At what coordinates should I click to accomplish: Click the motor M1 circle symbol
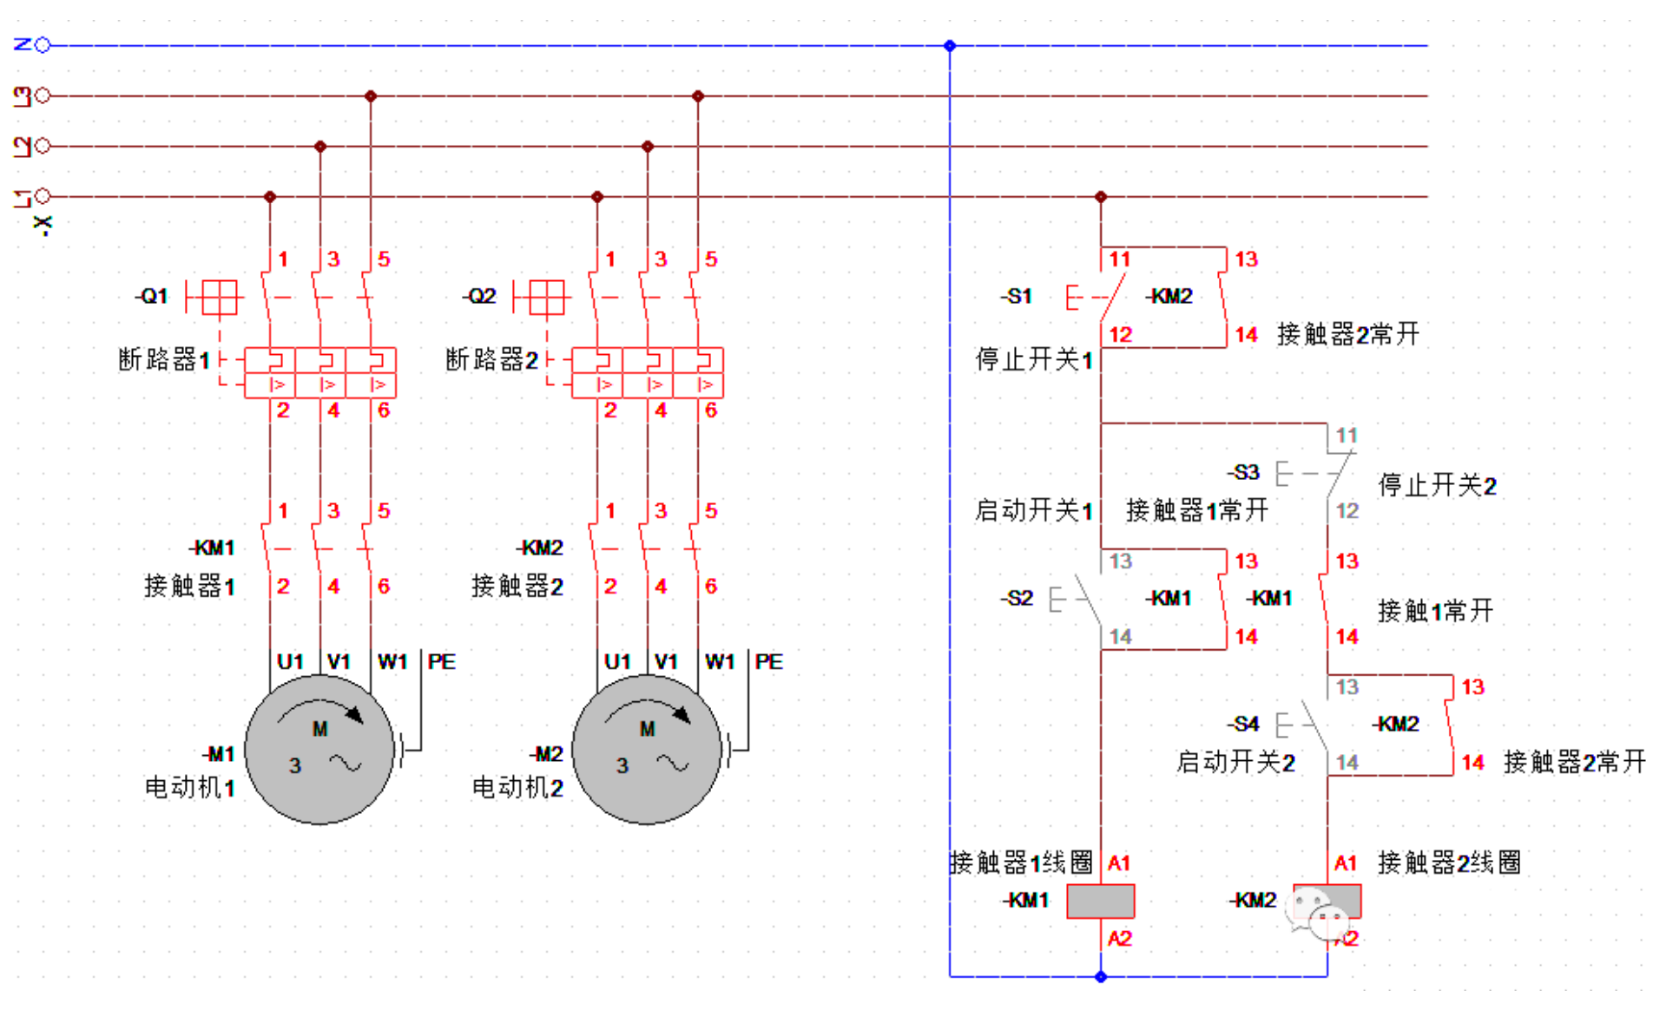pos(319,749)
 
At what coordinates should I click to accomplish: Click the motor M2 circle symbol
pos(647,749)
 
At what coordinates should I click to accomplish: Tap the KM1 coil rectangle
pos(1100,901)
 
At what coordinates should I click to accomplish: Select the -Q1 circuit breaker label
pos(152,296)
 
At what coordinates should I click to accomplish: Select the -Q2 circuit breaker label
pos(479,296)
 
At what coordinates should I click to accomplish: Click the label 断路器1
pos(164,359)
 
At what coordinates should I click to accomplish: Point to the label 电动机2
pos(517,788)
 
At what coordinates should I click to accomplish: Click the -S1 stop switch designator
pos(1017,296)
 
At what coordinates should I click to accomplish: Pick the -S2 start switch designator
pos(1017,598)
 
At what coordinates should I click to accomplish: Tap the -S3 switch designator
pos(1243,472)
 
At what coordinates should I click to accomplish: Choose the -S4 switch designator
pos(1243,724)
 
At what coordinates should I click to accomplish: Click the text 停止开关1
pos(1033,359)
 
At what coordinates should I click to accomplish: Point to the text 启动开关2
pos(1235,762)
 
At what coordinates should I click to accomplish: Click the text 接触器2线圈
pos(1449,863)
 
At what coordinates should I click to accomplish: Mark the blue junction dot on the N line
pos(950,45)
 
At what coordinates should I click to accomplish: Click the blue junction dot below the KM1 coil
pos(1101,977)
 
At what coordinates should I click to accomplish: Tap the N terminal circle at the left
pos(43,45)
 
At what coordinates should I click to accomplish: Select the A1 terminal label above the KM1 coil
pos(1119,863)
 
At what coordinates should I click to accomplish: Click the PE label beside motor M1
pos(441,662)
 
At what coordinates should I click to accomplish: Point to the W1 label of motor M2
pos(720,662)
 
